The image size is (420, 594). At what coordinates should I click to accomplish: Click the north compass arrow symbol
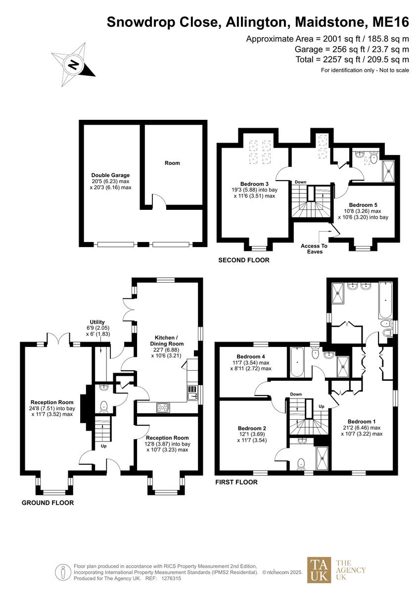[x=73, y=65]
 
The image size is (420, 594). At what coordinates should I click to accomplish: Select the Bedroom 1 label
[x=361, y=428]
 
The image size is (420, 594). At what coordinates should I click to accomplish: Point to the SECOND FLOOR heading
[x=243, y=260]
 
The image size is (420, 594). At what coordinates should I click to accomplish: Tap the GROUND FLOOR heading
[x=47, y=503]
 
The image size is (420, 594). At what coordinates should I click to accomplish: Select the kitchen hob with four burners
[x=163, y=407]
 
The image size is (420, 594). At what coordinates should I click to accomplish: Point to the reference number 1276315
[x=171, y=578]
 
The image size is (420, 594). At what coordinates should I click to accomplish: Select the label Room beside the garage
[x=172, y=163]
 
